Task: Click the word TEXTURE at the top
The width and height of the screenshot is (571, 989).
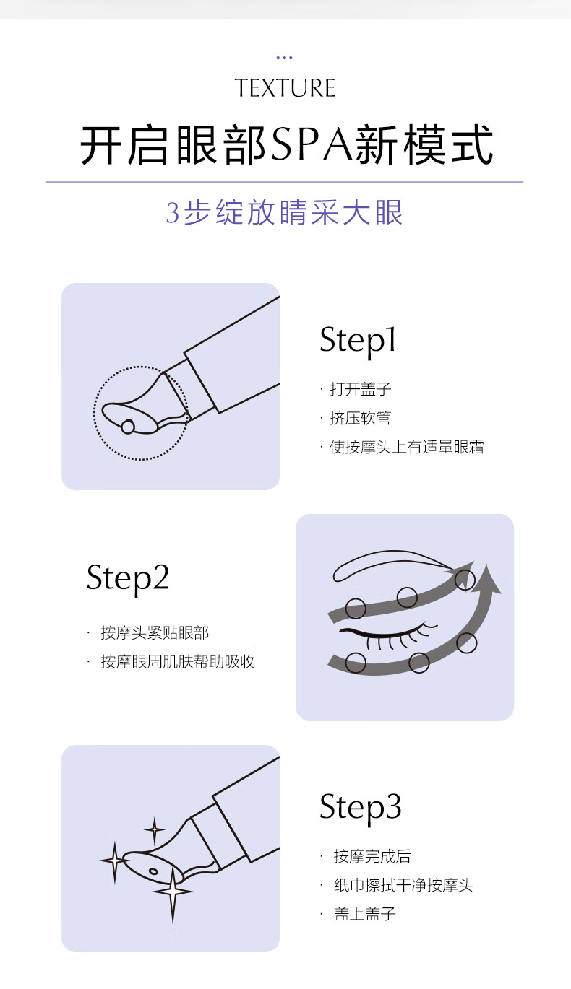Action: tap(285, 88)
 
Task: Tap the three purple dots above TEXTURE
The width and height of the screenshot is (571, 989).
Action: tap(284, 58)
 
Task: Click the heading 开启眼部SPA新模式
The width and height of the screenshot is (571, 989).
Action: tap(286, 145)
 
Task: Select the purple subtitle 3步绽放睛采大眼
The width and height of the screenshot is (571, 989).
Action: tap(284, 212)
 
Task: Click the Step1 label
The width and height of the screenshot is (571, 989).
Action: tap(358, 340)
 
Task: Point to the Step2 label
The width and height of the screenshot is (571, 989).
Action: tap(128, 578)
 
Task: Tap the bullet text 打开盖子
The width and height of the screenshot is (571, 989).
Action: tap(361, 389)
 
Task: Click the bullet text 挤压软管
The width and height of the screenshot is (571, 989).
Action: tap(361, 418)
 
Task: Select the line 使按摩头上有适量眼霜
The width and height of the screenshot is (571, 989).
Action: tap(407, 447)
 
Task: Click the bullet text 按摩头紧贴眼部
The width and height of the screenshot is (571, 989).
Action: tap(155, 632)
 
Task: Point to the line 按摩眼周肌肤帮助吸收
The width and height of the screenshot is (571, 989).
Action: tap(178, 661)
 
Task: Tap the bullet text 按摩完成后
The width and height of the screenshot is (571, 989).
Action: tap(372, 856)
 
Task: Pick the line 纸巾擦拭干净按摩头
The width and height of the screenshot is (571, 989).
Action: tap(403, 885)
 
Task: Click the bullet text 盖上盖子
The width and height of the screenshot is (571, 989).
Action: tap(364, 913)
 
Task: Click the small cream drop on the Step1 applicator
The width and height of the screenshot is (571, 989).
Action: tap(128, 427)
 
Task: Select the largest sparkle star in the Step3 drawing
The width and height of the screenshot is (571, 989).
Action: tap(173, 891)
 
